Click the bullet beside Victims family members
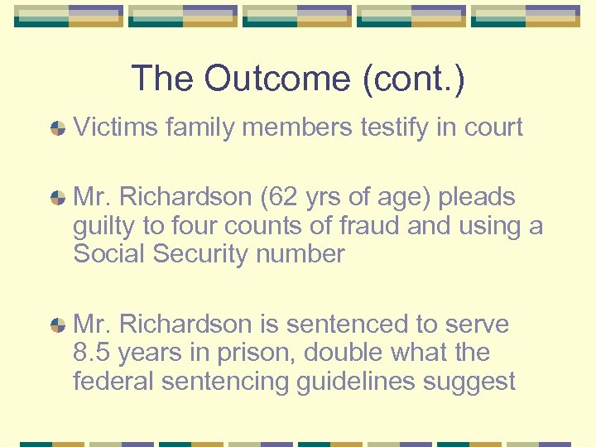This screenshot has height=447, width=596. pos(58,128)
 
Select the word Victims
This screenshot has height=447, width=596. pos(115,127)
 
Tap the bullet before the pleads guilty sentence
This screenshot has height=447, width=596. pos(58,198)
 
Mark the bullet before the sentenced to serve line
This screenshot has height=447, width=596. pos(58,325)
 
